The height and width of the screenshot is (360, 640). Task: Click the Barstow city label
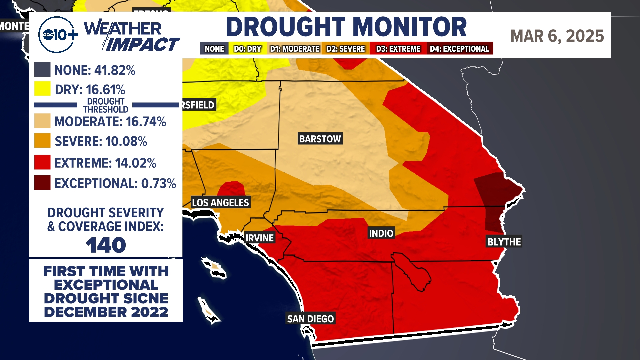320,139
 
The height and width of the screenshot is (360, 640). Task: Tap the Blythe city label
504,242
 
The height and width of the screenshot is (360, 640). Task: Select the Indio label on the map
381,233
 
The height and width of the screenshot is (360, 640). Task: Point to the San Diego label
310,319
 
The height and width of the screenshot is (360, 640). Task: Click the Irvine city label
259,238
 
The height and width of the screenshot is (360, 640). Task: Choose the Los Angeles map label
220,202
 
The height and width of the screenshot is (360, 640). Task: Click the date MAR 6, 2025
557,36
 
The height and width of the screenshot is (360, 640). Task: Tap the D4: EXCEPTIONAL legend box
459,49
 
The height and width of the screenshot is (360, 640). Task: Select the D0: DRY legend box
247,49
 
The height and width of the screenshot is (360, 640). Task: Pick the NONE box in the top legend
214,49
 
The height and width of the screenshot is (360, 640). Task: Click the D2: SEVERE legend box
346,49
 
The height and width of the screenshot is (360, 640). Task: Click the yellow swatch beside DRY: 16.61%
42,89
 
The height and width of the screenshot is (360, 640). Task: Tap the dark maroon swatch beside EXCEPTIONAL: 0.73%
42,183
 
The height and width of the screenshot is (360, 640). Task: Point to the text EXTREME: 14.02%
105,163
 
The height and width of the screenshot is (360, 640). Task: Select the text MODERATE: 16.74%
110,122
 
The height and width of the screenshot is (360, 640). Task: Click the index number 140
106,245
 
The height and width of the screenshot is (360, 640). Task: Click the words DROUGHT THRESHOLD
105,105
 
